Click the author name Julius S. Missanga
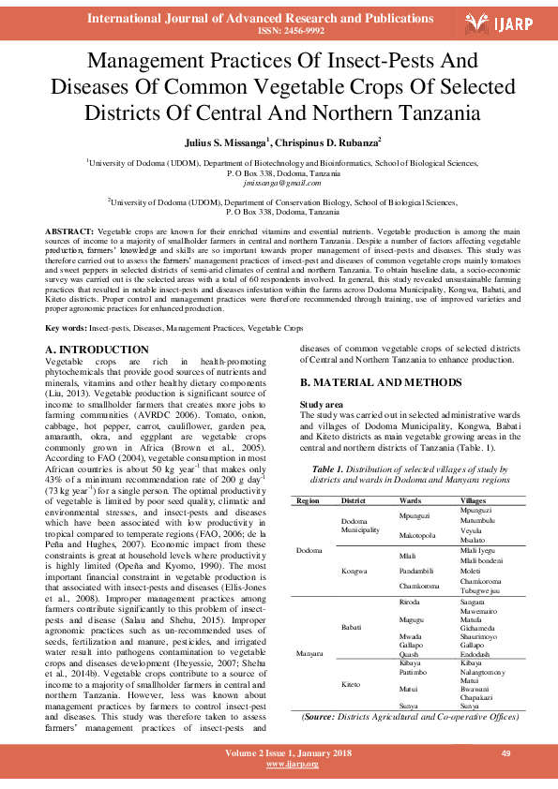coord(228,141)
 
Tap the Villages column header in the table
coord(473,501)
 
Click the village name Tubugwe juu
coord(481,590)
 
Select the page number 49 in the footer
coord(505,753)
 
